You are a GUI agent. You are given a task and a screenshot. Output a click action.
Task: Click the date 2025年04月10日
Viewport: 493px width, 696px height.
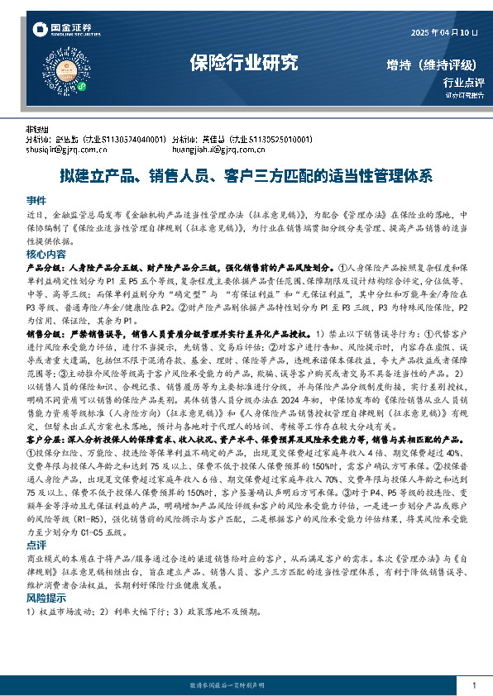click(445, 32)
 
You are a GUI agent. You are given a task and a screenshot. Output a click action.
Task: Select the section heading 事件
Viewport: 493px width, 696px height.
click(36, 200)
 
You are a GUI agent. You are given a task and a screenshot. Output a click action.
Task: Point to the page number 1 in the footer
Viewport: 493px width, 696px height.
click(473, 685)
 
